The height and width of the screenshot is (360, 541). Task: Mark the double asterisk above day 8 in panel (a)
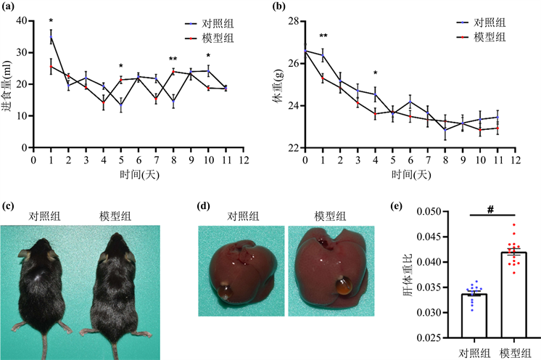coord(173,60)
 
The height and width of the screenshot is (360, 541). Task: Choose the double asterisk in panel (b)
coord(323,36)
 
